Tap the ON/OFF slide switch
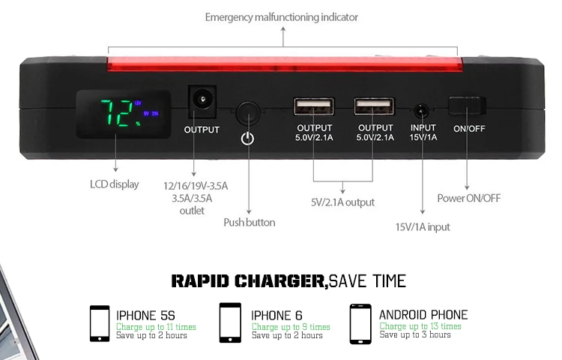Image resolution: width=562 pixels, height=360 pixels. click(x=467, y=106)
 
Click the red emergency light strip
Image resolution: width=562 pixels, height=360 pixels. click(x=282, y=65)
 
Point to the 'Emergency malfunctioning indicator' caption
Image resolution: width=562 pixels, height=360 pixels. click(x=282, y=17)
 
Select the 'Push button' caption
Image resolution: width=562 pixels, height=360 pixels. click(x=250, y=222)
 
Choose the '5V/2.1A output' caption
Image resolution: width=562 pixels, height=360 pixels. click(x=342, y=202)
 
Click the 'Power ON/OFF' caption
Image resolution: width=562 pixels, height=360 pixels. click(x=469, y=198)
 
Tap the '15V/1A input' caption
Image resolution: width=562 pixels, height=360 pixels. click(x=423, y=226)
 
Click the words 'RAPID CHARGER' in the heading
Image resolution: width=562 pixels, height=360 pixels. click(x=249, y=281)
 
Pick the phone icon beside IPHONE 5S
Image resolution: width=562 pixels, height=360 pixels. click(x=100, y=323)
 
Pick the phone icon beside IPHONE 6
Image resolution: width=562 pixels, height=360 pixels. click(x=230, y=322)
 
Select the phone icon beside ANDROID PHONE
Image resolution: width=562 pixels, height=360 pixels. click(x=360, y=322)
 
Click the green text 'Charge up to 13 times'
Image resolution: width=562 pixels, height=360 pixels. click(x=420, y=326)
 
